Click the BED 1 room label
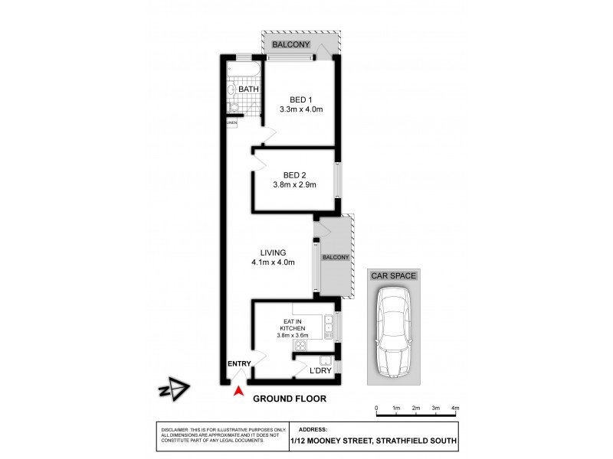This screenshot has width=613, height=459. tap(300, 99)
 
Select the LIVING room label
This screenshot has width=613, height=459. tap(273, 252)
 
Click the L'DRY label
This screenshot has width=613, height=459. tap(320, 371)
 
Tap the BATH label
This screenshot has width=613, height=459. tap(248, 90)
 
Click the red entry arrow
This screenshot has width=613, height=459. tap(239, 392)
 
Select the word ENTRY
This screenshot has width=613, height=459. tap(239, 364)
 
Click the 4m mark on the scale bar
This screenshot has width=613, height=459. tap(455, 409)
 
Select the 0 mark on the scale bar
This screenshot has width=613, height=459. tap(376, 409)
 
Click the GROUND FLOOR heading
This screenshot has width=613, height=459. tap(290, 399)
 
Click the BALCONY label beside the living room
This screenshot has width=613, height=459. tap(336, 258)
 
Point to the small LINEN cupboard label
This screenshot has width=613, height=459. tap(231, 122)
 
